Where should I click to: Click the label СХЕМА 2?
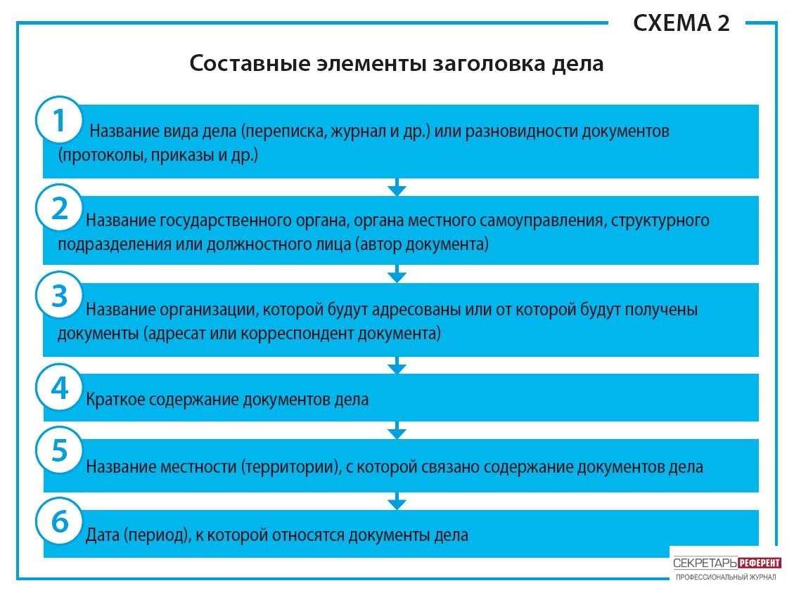[681, 23]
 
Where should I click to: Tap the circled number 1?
[59, 120]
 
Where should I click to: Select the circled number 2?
[59, 209]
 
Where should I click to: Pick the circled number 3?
[59, 296]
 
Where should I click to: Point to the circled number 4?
[59, 388]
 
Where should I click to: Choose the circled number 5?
[59, 450]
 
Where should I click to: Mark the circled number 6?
[59, 521]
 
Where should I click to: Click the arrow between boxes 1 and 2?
[397, 187]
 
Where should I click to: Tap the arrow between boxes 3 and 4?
[397, 365]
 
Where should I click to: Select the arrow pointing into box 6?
[397, 501]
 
